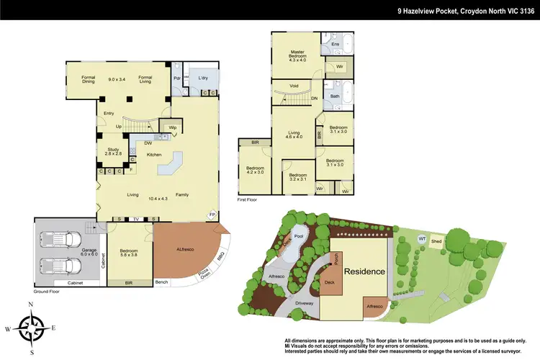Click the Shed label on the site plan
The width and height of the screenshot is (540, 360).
point(436,242)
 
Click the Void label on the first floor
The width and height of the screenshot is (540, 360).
point(294,86)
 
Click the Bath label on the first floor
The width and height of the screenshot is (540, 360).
point(335,96)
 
